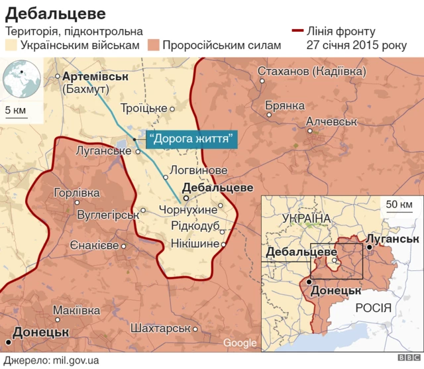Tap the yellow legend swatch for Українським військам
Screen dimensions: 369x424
click(11, 45)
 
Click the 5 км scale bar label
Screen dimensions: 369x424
click(16, 109)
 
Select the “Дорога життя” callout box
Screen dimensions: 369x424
click(191, 138)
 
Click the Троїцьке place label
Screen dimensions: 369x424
click(144, 108)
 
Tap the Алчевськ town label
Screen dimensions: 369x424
click(331, 122)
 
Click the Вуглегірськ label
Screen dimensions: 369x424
click(107, 215)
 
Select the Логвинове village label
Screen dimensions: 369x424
click(198, 170)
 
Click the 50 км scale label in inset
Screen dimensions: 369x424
click(397, 203)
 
